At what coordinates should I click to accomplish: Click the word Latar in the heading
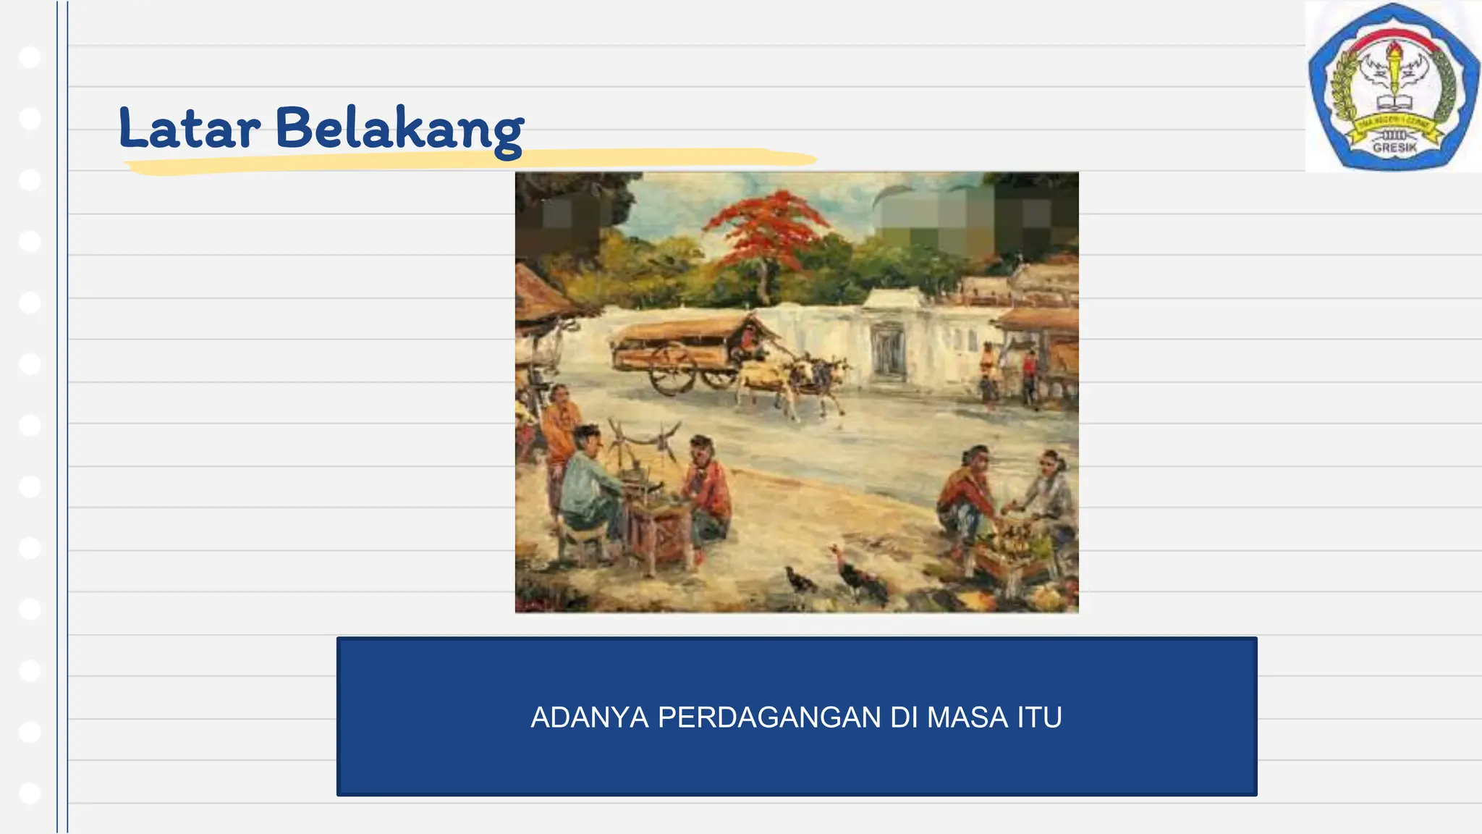190,129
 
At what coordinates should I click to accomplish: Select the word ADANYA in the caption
589,717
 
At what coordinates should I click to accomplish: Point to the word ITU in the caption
1039,717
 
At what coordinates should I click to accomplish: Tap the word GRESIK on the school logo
1394,148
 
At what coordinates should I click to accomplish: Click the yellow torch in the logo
1394,72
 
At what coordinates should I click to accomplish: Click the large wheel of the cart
673,369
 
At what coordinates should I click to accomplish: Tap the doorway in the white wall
887,353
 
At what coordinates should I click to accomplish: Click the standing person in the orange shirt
560,427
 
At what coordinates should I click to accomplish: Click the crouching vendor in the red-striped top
966,500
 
